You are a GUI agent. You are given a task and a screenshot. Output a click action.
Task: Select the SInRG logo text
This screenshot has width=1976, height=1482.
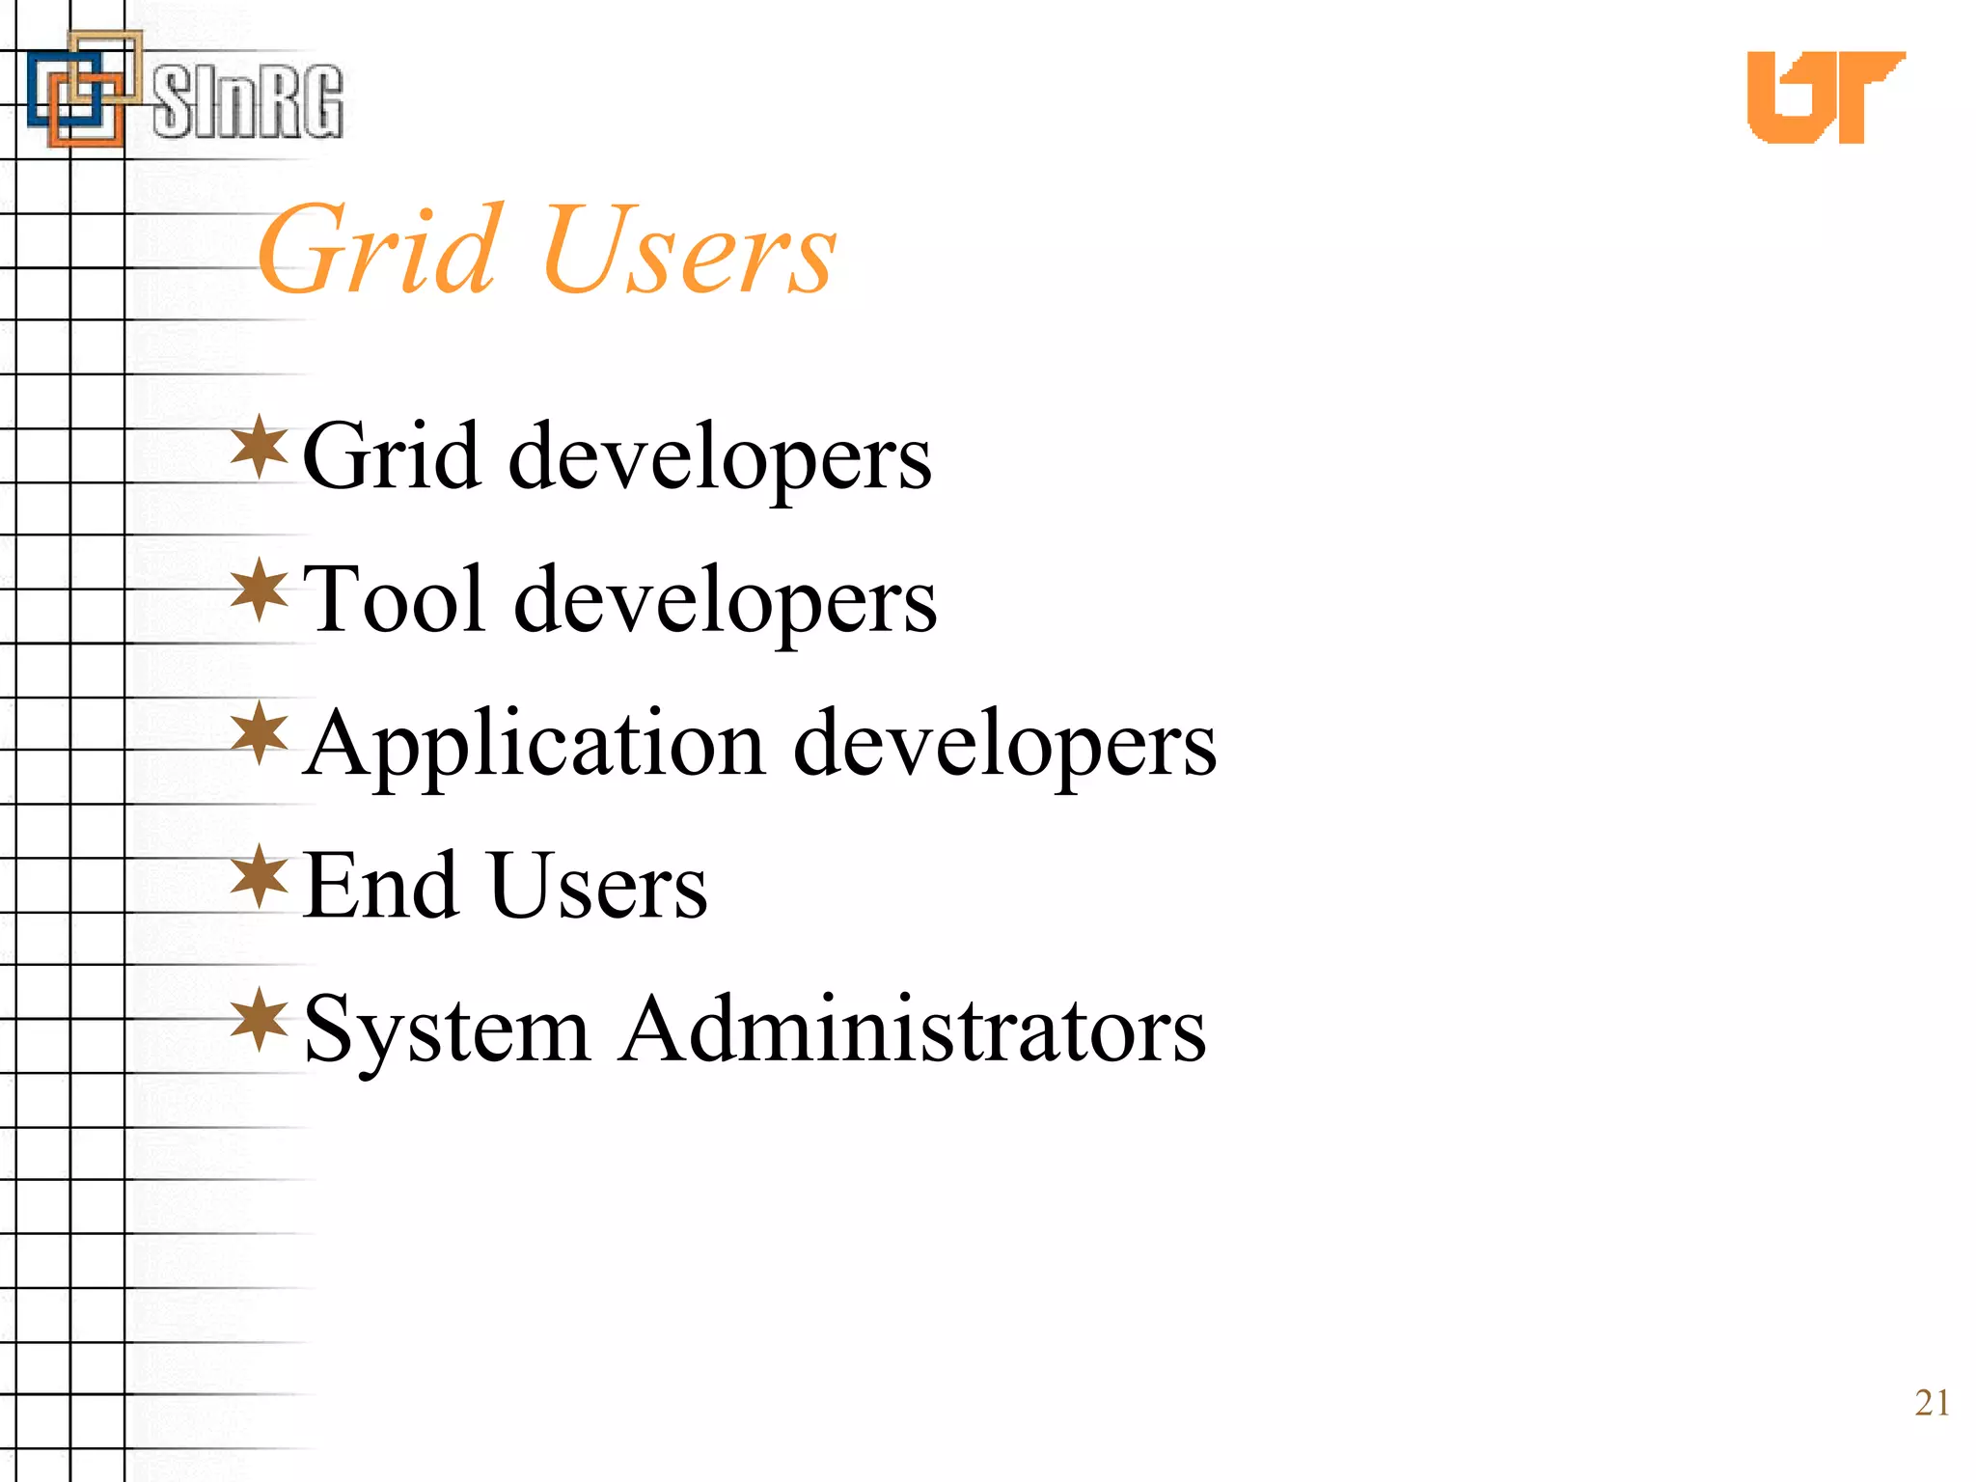247,101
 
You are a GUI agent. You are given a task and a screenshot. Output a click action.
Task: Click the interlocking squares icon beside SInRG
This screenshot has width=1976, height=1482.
83,89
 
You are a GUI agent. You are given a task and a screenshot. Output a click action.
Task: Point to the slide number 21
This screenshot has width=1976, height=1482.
1932,1403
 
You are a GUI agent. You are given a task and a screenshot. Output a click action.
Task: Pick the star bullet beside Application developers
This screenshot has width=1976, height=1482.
260,733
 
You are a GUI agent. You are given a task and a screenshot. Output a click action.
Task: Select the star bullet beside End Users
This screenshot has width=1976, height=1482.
260,876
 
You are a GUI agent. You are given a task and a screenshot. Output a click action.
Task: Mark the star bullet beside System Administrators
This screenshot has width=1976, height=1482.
260,1019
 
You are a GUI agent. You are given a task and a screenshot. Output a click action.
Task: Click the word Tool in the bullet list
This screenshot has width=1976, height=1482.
394,600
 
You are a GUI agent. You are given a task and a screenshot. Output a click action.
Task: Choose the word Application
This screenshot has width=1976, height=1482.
535,745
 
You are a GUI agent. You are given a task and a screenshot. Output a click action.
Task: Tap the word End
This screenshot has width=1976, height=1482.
380,886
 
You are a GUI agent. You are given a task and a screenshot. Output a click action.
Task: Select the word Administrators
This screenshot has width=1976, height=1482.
913,1029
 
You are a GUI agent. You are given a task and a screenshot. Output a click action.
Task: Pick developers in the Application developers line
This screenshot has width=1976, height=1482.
1004,746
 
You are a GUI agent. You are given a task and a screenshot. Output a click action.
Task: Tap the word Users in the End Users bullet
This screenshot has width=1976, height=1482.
599,886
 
